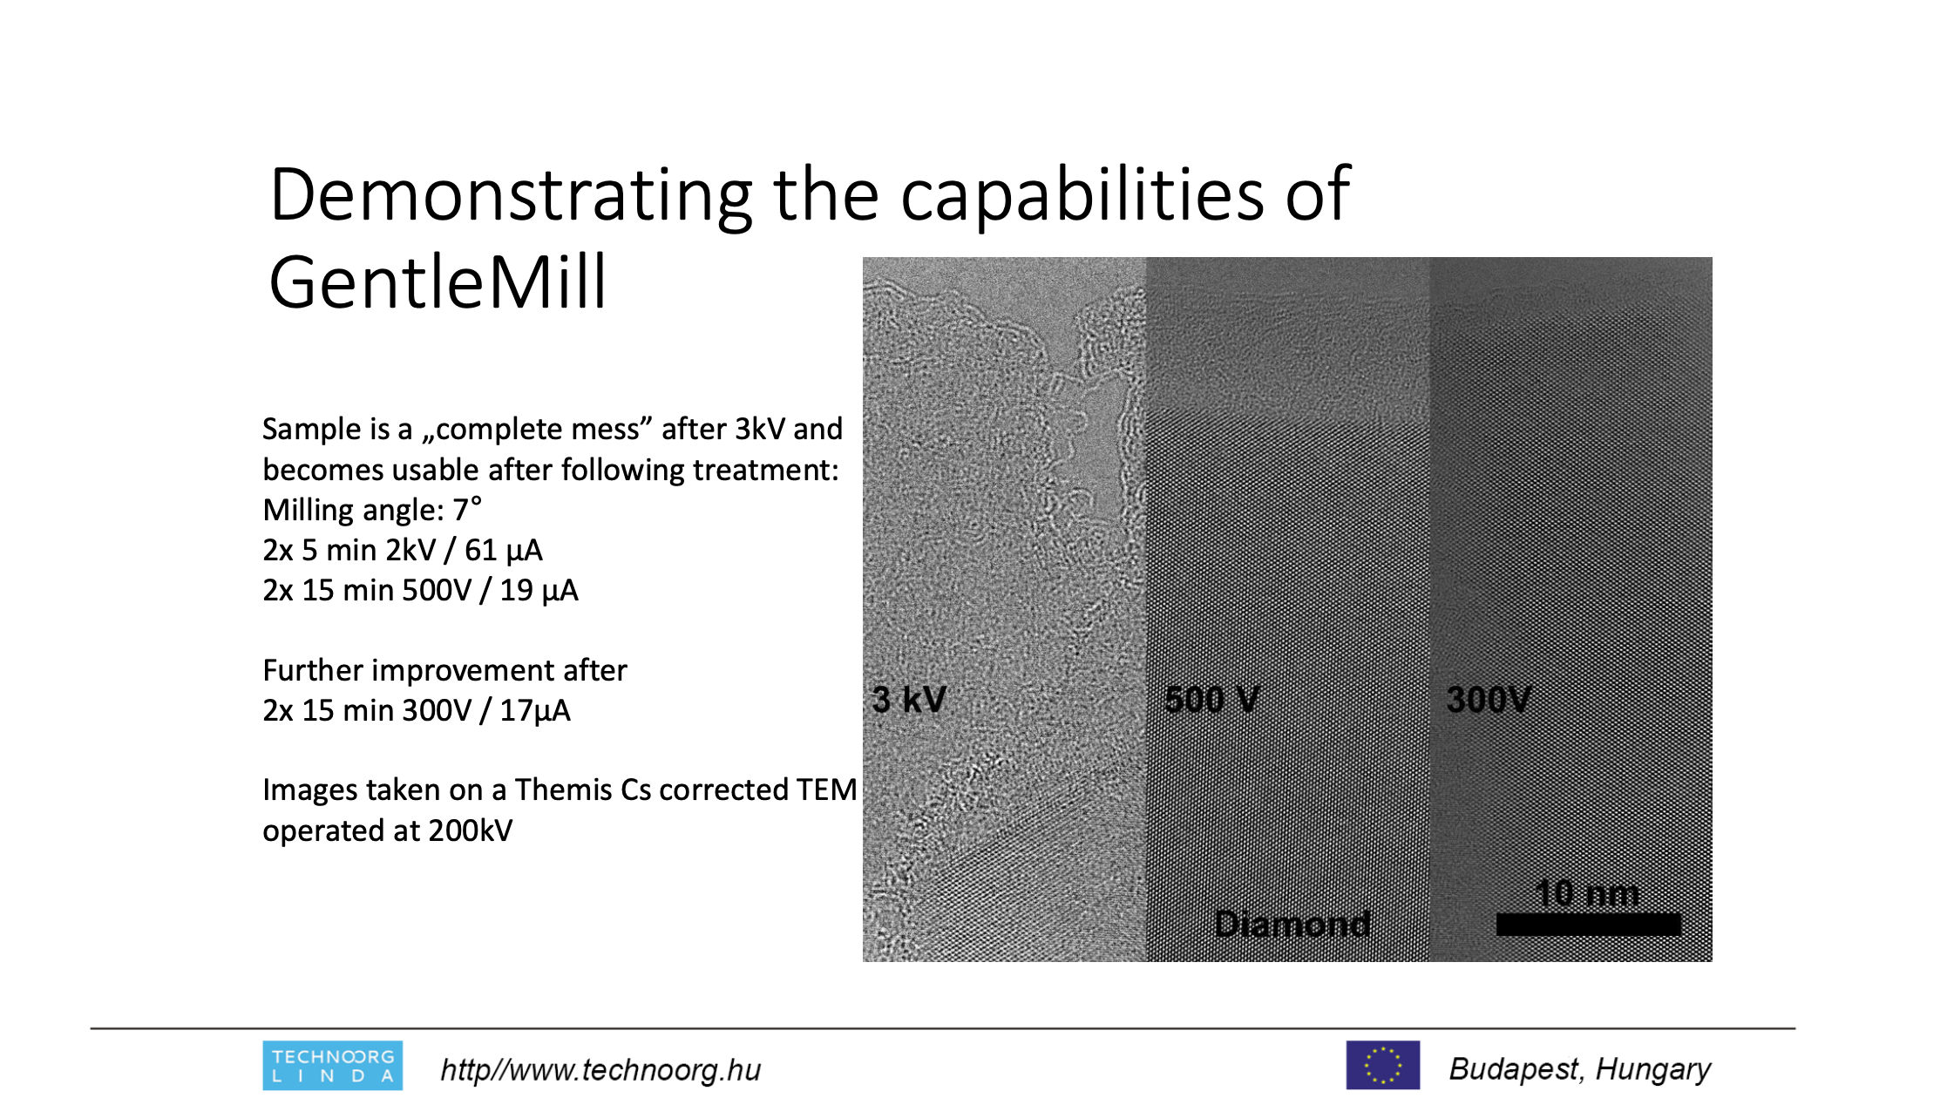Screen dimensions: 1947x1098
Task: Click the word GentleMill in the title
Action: click(x=438, y=282)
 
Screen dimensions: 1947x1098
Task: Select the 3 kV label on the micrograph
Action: click(x=909, y=700)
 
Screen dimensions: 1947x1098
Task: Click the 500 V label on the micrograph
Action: click(x=1212, y=700)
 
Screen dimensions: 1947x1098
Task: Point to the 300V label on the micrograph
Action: click(x=1489, y=700)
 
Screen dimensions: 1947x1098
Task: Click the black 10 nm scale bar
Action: click(x=1588, y=925)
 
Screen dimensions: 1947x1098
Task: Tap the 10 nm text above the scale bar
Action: click(x=1587, y=893)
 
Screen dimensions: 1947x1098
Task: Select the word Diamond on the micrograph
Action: click(x=1292, y=924)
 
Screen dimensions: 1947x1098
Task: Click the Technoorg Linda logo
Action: click(x=333, y=1066)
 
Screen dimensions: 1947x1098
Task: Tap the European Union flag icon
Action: click(x=1383, y=1065)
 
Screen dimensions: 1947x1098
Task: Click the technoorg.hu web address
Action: click(x=600, y=1069)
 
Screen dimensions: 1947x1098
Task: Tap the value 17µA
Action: click(x=535, y=711)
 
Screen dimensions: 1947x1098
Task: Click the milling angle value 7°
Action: click(x=467, y=510)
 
